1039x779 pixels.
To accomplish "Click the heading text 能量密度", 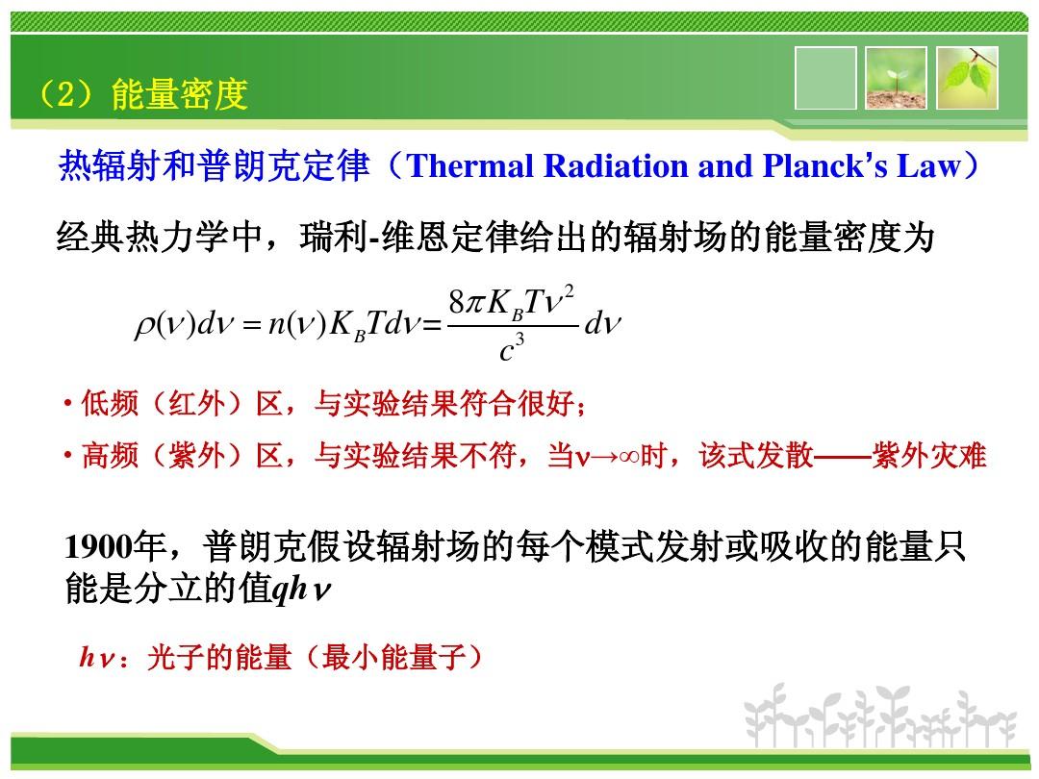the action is click(x=180, y=93).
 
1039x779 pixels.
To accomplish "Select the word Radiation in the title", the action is click(x=616, y=165).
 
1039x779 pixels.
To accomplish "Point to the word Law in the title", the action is click(x=928, y=165).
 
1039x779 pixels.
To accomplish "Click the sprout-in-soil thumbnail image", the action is click(x=896, y=78).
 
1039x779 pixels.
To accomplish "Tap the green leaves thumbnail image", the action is click(x=967, y=78).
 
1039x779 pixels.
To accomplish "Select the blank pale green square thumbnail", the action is click(x=825, y=78).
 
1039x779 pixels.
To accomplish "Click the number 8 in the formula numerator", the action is click(x=457, y=303).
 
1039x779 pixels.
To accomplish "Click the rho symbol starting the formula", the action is click(x=144, y=326).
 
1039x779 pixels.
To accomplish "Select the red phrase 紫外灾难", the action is click(x=929, y=456).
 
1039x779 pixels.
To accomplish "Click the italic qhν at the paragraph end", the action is click(x=301, y=589).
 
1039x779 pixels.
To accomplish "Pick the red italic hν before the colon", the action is click(x=97, y=657).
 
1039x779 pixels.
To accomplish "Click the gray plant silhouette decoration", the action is click(x=880, y=716).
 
